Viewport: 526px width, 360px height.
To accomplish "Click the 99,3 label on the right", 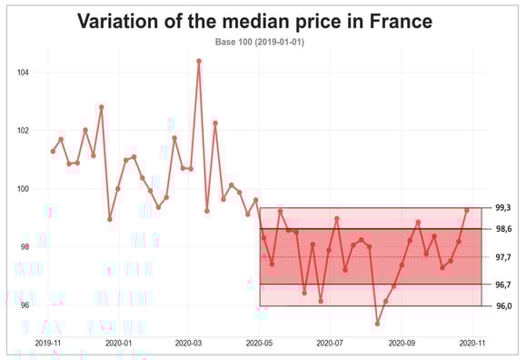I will (x=501, y=208).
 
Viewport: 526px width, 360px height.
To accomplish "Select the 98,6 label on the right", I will (x=501, y=229).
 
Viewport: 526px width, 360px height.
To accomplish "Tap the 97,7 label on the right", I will (x=501, y=257).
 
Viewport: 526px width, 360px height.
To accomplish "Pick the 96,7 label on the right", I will (x=501, y=285).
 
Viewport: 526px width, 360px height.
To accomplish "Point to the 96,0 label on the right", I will (x=501, y=306).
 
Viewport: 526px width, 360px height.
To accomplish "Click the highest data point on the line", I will (x=199, y=61).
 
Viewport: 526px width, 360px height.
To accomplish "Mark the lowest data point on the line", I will (x=378, y=323).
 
